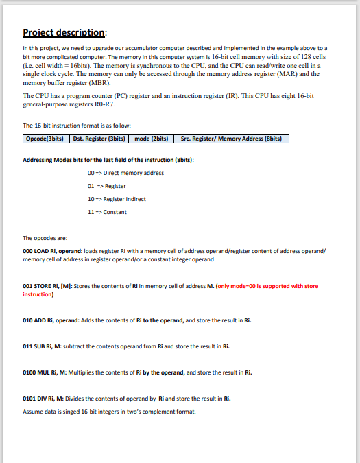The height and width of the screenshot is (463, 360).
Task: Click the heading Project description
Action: click(x=64, y=32)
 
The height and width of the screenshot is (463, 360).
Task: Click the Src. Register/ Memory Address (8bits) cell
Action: click(x=232, y=139)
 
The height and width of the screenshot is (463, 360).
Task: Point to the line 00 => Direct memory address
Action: click(x=125, y=173)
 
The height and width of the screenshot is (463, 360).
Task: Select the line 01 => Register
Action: click(x=107, y=186)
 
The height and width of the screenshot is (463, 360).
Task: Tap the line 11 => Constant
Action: click(x=107, y=212)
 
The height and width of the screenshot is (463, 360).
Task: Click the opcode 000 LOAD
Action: click(x=37, y=252)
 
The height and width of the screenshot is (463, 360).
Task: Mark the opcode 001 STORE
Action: click(x=38, y=286)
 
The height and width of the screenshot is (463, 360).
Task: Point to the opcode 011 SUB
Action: click(x=36, y=346)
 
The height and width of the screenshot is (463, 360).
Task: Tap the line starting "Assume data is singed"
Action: click(x=109, y=412)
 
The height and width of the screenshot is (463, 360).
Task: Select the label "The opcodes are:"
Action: click(x=45, y=238)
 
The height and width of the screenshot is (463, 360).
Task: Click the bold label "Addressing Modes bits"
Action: click(x=62, y=160)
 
